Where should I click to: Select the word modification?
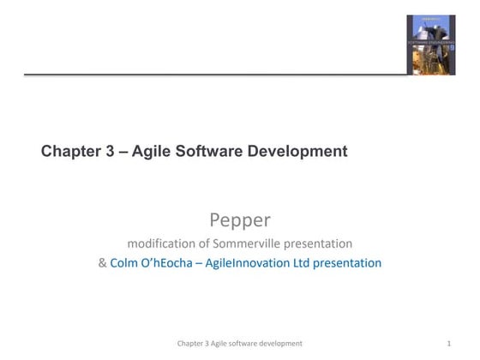point(164,243)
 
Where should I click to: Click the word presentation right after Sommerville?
point(321,243)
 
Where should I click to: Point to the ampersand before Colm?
point(103,263)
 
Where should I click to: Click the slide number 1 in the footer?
point(449,343)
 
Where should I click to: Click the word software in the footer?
point(241,343)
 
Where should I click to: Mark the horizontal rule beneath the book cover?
point(214,75)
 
